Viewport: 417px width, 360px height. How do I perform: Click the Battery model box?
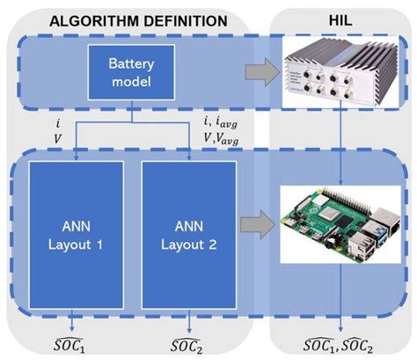(132, 73)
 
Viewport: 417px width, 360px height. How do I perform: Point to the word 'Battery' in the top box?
(132, 66)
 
